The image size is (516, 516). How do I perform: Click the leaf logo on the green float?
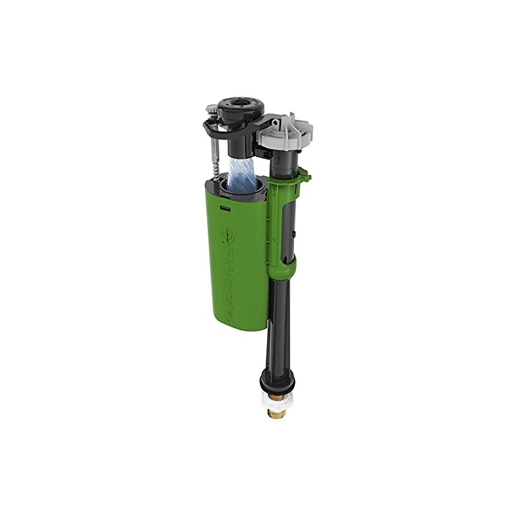(x=228, y=237)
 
